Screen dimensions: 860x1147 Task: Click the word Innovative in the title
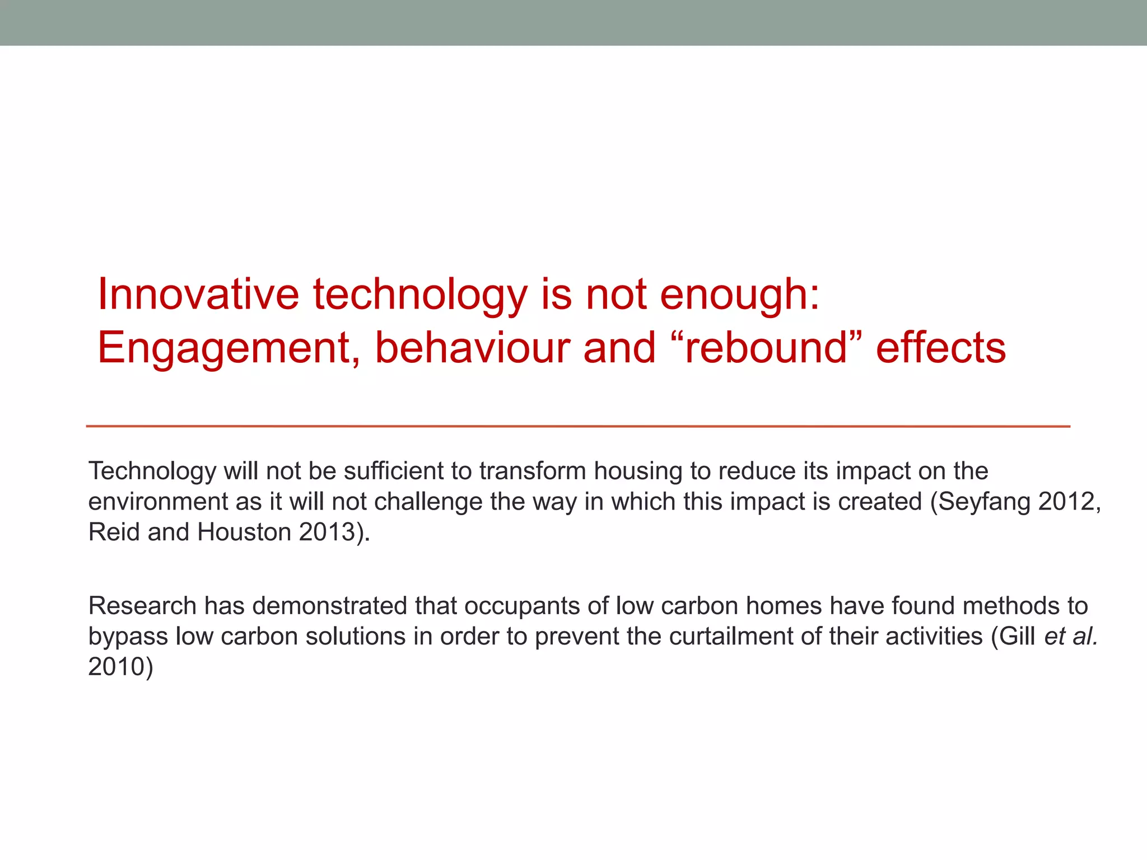[198, 295]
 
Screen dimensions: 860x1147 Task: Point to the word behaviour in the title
[473, 347]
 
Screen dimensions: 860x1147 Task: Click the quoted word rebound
[765, 347]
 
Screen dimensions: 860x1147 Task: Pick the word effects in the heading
[941, 347]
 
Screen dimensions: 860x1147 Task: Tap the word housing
[638, 472]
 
